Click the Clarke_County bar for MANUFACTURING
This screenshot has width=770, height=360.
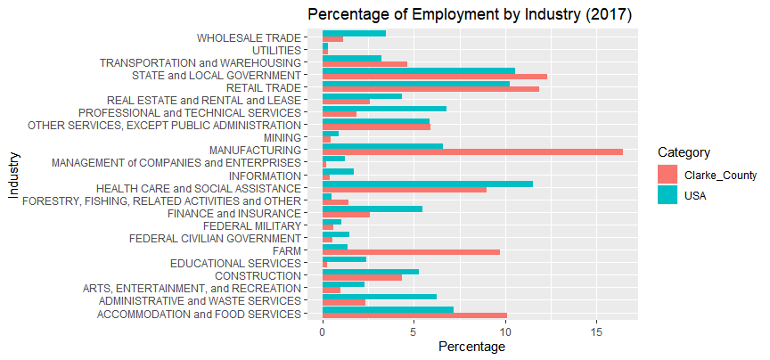[x=472, y=152]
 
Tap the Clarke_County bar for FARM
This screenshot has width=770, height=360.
[x=411, y=252]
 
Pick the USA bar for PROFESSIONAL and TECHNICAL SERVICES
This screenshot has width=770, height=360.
[x=384, y=109]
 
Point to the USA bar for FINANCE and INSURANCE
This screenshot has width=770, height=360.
[x=373, y=209]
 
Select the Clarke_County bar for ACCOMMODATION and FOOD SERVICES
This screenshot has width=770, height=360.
[x=414, y=315]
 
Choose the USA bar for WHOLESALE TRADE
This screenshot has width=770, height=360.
[x=354, y=33]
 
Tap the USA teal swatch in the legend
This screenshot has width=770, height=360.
[x=668, y=196]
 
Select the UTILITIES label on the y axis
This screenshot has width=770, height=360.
[x=276, y=51]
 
